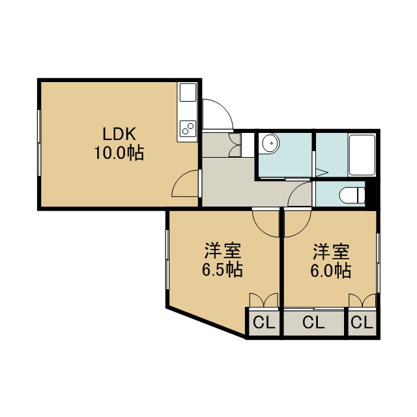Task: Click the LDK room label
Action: [119, 134]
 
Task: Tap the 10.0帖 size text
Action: [119, 153]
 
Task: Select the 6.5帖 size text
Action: [222, 270]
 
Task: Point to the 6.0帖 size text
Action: [330, 270]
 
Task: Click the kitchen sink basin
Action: [188, 93]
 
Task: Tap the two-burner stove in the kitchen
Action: [188, 128]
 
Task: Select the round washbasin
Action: [270, 143]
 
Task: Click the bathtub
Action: [362, 155]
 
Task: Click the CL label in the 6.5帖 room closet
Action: [263, 323]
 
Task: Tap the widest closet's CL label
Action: [313, 323]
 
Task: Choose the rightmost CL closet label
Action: [362, 323]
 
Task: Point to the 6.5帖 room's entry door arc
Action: [260, 229]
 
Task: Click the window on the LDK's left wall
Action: [39, 143]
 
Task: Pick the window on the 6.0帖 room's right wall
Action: [379, 263]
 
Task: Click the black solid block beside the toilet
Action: [371, 194]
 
